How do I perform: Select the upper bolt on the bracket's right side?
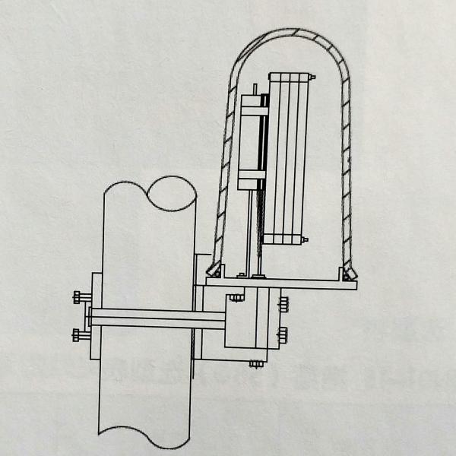point(284,306)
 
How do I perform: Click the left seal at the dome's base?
point(217,269)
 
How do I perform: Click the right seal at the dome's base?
point(349,269)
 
